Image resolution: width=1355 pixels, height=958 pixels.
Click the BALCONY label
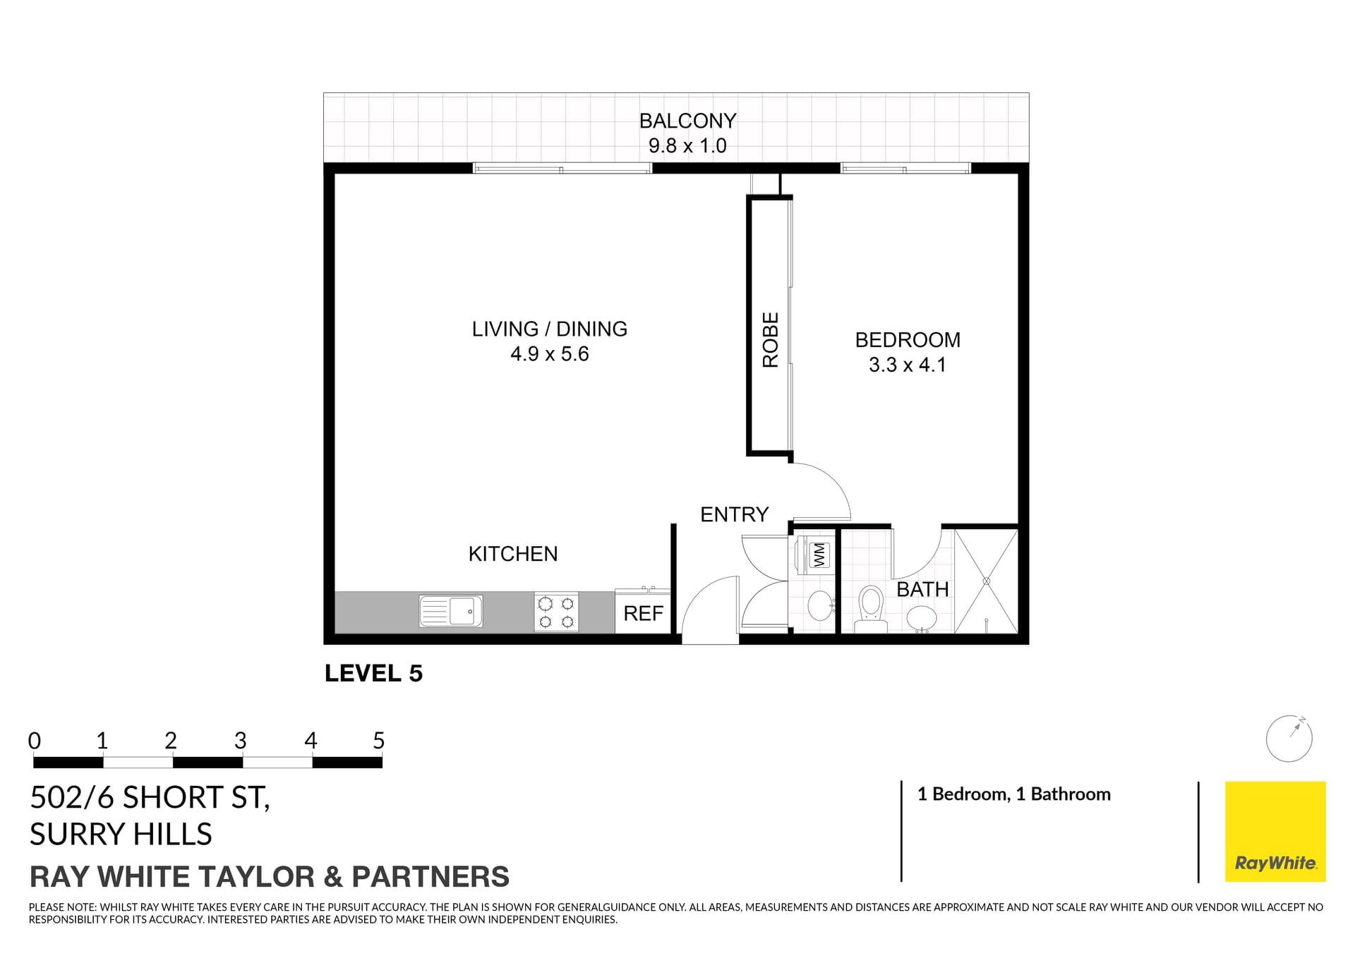point(687,121)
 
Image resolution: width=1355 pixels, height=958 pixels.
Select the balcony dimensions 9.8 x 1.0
point(687,146)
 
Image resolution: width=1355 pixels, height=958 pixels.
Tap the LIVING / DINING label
point(549,329)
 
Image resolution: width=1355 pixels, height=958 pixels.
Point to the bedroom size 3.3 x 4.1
point(907,365)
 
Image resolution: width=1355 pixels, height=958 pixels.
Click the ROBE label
point(770,340)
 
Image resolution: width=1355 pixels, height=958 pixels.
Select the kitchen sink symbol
point(450,611)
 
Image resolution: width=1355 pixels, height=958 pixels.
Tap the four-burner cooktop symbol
point(556,612)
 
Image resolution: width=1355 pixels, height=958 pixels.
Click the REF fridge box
point(643,613)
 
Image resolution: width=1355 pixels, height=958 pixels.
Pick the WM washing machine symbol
point(819,554)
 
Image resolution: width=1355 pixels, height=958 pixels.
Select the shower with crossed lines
point(986,581)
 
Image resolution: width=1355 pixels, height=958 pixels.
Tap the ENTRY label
point(734,514)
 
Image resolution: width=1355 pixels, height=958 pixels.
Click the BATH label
point(922,589)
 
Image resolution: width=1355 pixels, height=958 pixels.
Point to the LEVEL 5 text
point(373,673)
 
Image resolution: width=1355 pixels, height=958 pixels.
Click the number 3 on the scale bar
point(241,741)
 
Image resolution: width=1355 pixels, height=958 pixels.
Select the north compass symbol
point(1289,739)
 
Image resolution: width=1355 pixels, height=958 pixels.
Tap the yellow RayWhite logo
point(1275,831)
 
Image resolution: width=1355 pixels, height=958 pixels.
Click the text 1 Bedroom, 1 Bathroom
point(1013,794)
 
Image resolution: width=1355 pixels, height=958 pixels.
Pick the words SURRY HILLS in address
point(121,835)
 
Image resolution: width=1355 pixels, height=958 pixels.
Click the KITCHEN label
point(513,554)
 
